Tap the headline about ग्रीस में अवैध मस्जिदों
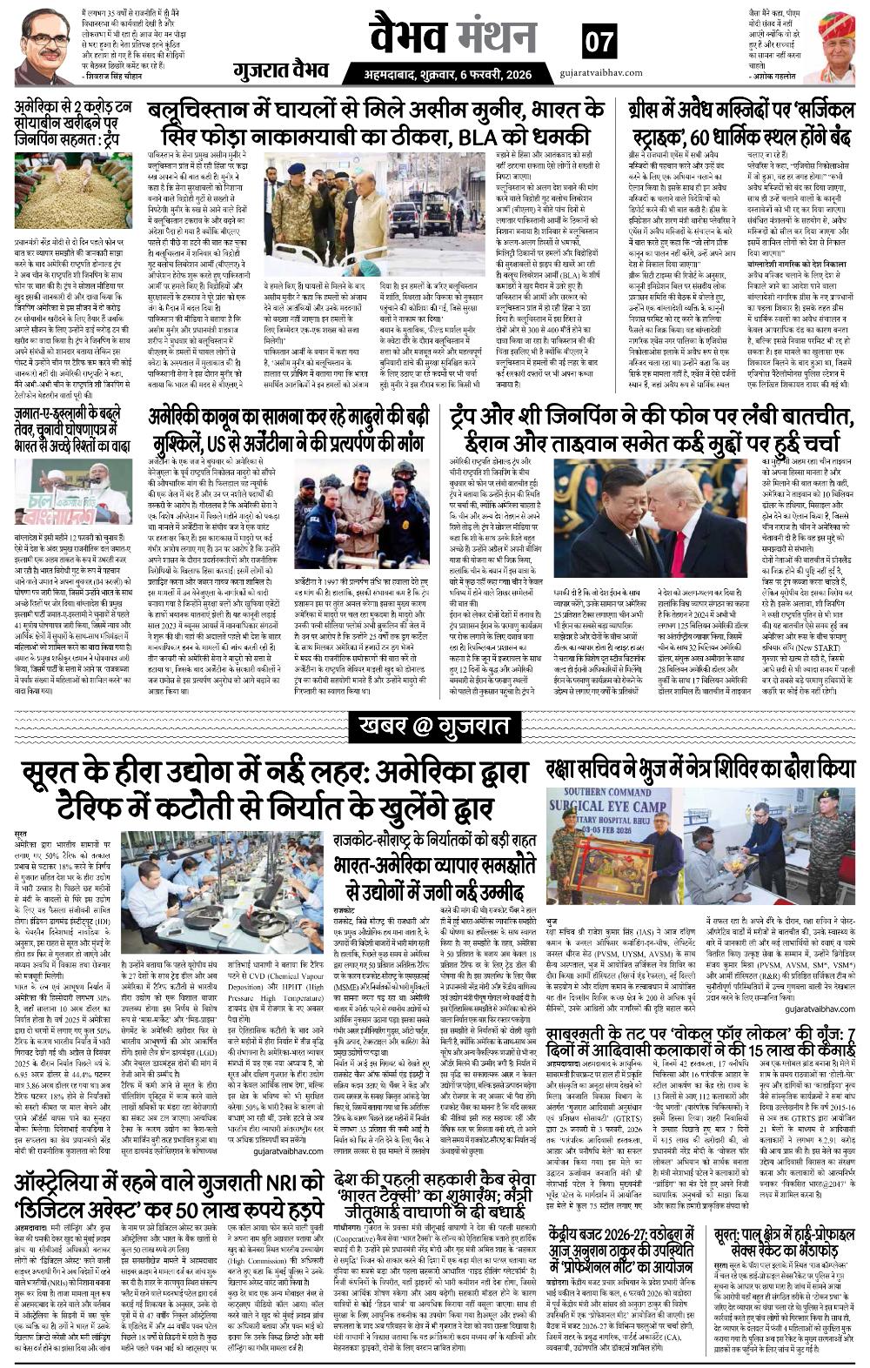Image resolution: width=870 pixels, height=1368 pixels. (x=739, y=124)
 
